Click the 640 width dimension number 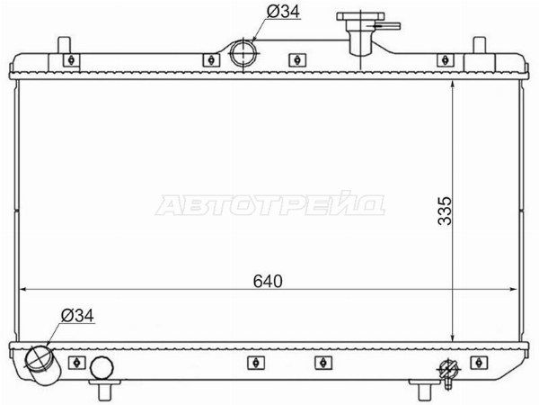click(268, 281)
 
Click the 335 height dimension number click(446, 211)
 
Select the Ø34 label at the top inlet click(283, 12)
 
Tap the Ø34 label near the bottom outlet click(77, 316)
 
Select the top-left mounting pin click(65, 45)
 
